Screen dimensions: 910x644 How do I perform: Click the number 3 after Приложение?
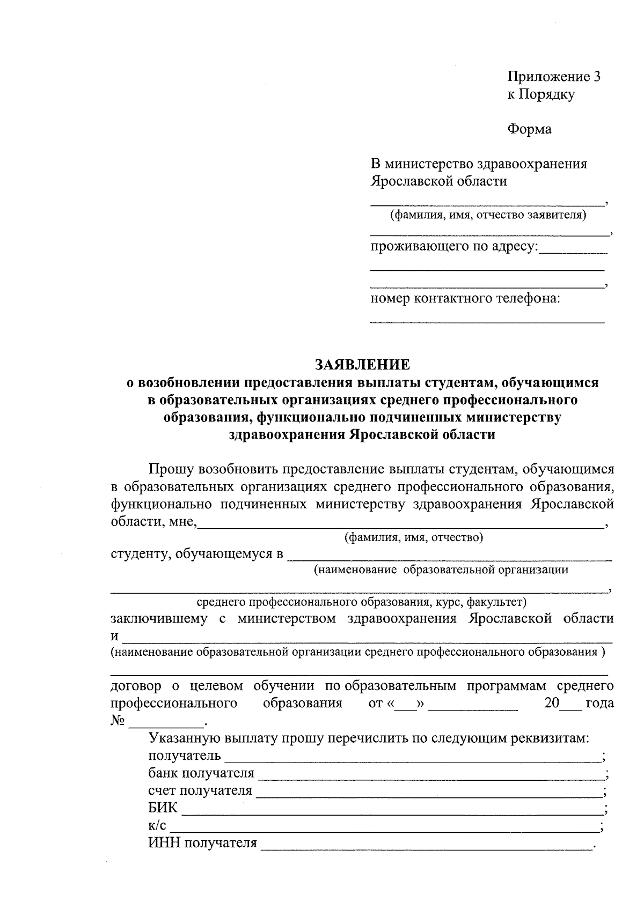coord(596,77)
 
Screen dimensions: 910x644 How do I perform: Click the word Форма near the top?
coord(529,129)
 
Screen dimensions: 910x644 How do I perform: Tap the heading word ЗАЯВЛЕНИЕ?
coord(362,365)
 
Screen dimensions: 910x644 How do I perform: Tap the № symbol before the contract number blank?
coord(118,721)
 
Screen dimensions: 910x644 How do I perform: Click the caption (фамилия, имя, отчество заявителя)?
coord(488,216)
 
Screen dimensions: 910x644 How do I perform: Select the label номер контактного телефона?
coord(465,298)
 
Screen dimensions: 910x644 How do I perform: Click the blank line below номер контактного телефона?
coord(487,321)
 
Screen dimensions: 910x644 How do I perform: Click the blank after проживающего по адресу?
coord(573,251)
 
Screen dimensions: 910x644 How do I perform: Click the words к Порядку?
coord(541,94)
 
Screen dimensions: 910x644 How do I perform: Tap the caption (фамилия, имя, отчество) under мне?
coord(413,537)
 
